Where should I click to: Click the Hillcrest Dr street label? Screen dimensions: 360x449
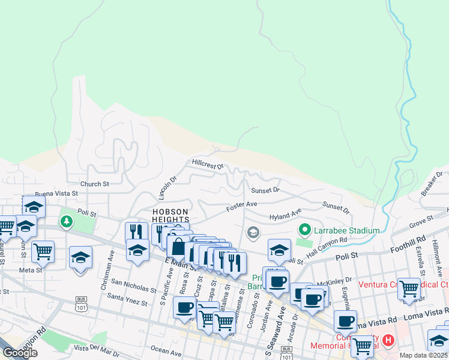pos(207,164)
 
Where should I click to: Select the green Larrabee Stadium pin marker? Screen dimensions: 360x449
pos(305,230)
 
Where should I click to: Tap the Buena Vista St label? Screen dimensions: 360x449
pos(56,194)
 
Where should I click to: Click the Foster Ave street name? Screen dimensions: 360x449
pos(241,207)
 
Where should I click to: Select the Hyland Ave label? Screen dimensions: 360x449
pos(285,215)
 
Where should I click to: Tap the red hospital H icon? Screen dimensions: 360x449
pos(388,340)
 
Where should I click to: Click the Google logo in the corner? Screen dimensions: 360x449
pos(19,353)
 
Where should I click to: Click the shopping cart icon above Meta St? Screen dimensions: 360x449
pos(43,251)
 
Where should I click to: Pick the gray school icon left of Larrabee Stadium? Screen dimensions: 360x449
pos(253,232)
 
